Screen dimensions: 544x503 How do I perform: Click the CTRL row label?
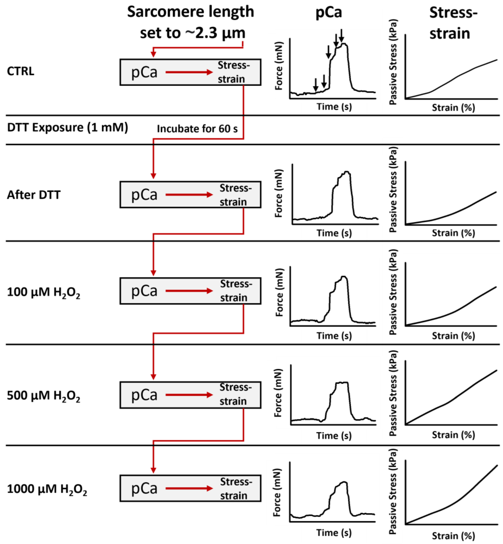tap(20, 71)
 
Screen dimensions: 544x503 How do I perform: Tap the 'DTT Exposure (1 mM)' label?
tap(68, 127)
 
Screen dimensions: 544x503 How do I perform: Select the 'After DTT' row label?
tap(34, 195)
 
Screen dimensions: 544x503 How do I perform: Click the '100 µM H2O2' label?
tap(43, 292)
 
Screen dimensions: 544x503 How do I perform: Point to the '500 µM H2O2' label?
tap(43, 396)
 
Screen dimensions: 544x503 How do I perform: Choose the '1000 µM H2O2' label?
tap(47, 489)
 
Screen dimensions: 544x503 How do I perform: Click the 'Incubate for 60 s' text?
tap(197, 129)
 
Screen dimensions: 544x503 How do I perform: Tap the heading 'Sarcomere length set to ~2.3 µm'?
tap(191, 22)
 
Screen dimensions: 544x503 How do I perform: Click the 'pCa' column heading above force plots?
tap(328, 12)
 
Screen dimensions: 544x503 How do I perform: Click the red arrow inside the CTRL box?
tap(189, 72)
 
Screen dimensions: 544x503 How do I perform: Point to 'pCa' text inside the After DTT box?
tap(144, 195)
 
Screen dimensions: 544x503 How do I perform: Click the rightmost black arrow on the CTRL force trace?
tap(341, 35)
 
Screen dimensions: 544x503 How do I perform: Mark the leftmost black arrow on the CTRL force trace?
tap(316, 85)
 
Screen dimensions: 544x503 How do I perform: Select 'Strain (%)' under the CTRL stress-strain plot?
tap(453, 108)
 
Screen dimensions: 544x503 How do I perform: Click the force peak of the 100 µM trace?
tap(344, 277)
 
